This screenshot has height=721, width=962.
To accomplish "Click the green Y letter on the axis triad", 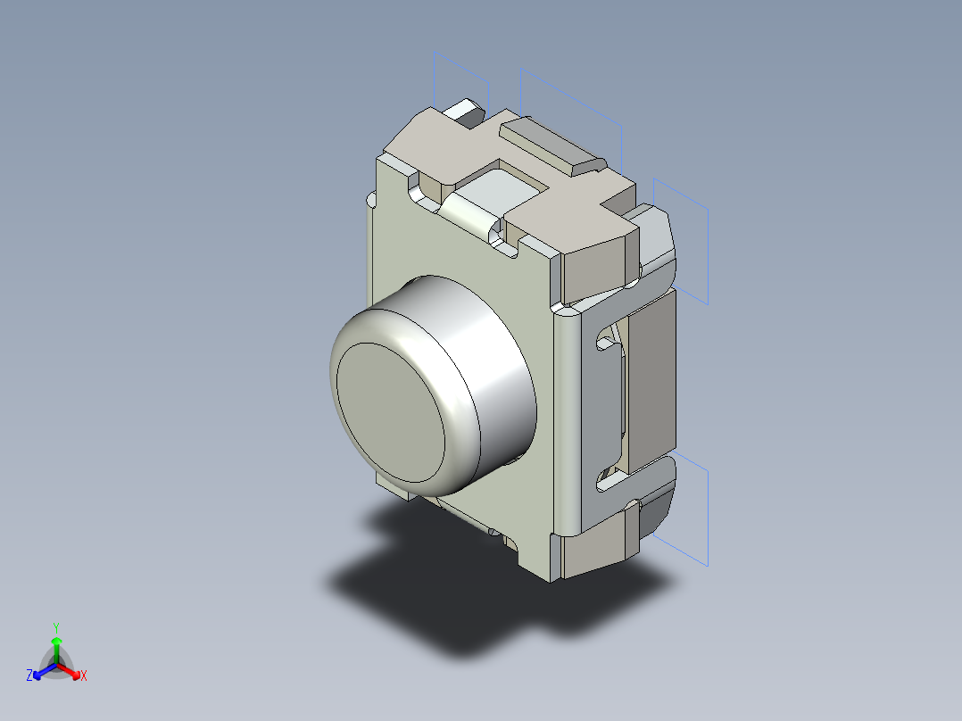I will coord(56,627).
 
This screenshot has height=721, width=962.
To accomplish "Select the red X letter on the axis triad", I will coord(83,676).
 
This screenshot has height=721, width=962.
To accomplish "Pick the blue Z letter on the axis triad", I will coord(29,676).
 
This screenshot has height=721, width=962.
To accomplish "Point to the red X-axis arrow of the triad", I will coord(70,670).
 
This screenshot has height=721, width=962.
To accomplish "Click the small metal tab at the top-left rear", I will coord(466,112).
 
